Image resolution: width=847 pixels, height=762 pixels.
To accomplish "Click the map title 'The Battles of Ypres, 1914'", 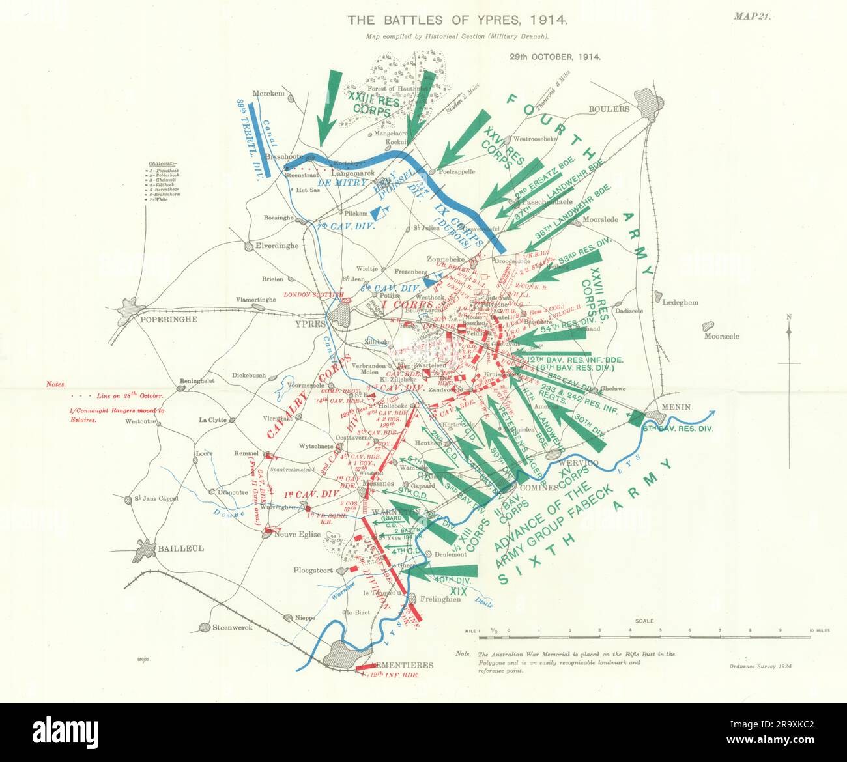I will coord(458,20).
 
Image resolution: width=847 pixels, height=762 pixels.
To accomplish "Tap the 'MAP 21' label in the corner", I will coord(752,18).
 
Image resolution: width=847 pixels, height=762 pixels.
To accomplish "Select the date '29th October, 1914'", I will coord(554,57).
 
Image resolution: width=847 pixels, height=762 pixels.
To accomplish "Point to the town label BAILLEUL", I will coord(180,548).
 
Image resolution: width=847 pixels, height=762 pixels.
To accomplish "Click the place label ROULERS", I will coord(609,109).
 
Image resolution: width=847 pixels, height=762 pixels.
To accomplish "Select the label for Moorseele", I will coord(721,337).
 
